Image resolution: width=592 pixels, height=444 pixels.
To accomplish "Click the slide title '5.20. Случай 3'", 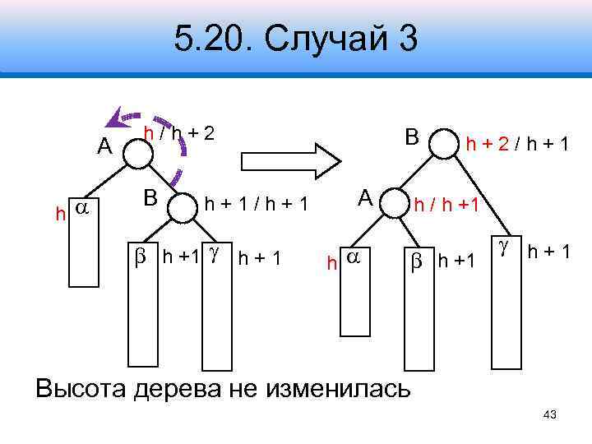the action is pyautogui.click(x=296, y=39).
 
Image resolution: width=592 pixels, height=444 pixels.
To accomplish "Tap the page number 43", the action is pyautogui.click(x=550, y=415).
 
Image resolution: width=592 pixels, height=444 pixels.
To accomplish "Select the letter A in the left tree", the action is pyautogui.click(x=104, y=146).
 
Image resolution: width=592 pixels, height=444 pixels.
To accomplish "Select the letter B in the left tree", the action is pyautogui.click(x=150, y=198).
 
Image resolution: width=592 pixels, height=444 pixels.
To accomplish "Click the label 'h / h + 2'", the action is pyautogui.click(x=179, y=132).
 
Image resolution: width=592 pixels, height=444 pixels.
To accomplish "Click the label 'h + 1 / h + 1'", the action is pyautogui.click(x=256, y=204).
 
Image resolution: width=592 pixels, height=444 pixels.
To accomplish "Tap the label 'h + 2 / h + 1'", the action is pyautogui.click(x=519, y=145).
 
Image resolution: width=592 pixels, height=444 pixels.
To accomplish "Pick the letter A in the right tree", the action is pyautogui.click(x=365, y=198).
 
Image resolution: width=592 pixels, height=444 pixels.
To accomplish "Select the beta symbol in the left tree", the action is pyautogui.click(x=139, y=257).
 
